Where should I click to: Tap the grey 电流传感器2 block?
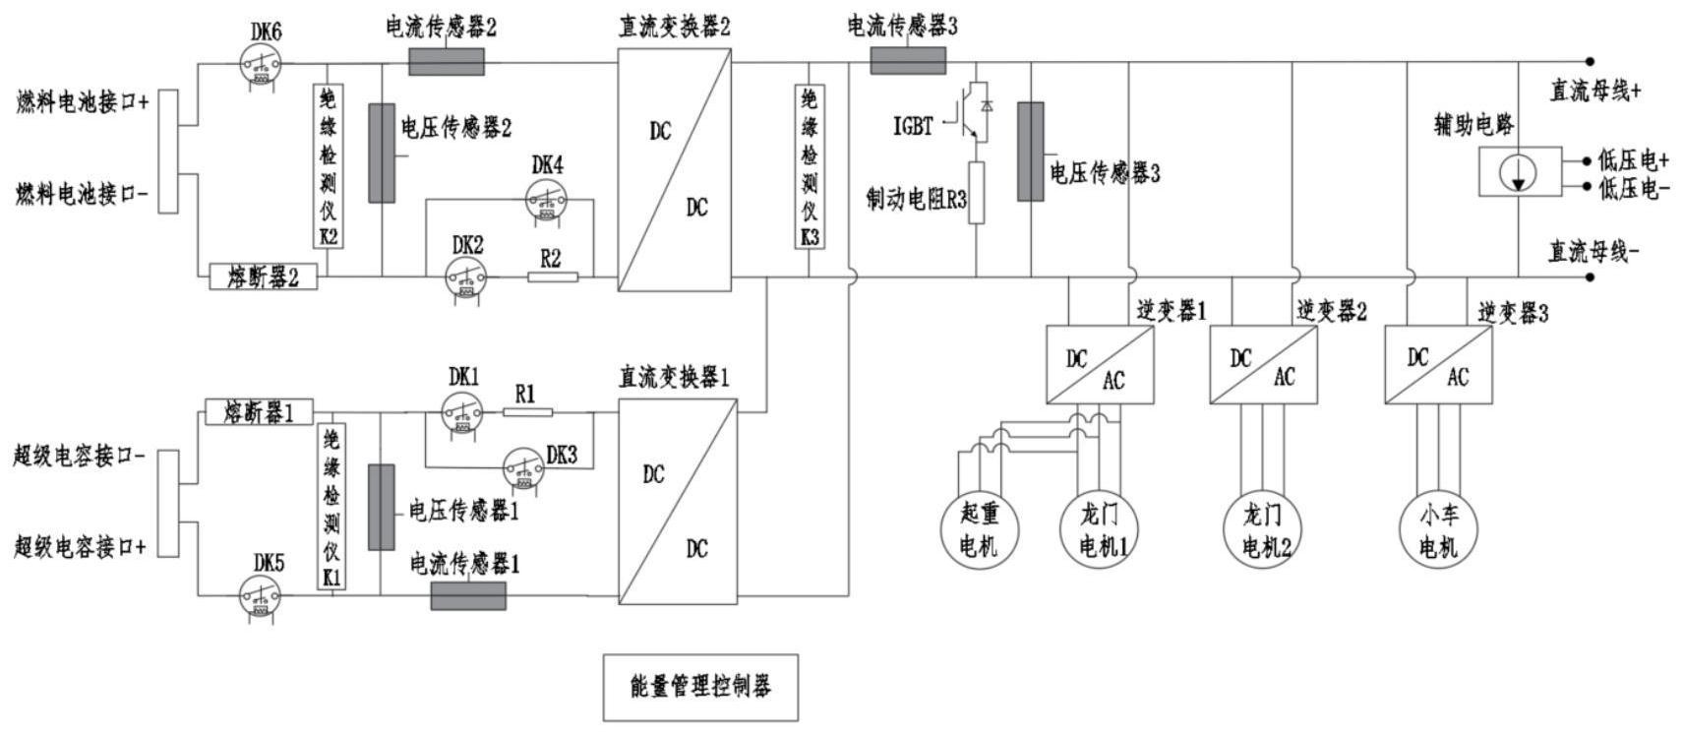point(446,62)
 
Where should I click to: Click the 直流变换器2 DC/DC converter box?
point(675,168)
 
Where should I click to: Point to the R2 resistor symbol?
point(553,277)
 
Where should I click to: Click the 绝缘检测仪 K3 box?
point(810,166)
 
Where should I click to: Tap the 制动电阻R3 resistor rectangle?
point(976,193)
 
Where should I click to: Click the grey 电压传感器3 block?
point(1030,151)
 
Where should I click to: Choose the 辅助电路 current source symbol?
point(1520,172)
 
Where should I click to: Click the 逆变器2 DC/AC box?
point(1263,364)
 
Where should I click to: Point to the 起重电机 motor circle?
point(977,530)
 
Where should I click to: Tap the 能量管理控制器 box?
point(699,687)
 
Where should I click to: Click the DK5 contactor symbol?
point(261,596)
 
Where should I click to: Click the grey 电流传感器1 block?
point(468,595)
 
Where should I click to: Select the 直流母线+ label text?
point(1594,92)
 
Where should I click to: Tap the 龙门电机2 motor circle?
point(1263,530)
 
